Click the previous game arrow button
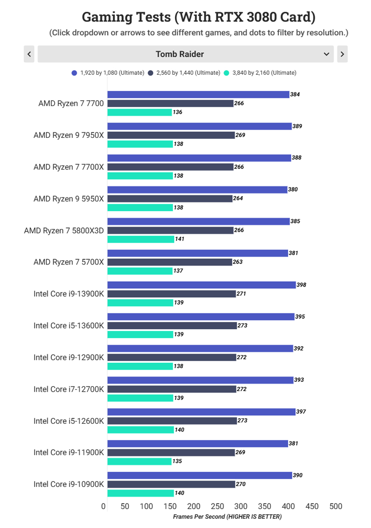coord(29,54)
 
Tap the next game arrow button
coord(342,54)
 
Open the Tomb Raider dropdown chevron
coord(327,54)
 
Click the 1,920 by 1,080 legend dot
coord(74,73)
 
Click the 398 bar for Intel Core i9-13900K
coord(201,285)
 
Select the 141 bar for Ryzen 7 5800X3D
coord(141,239)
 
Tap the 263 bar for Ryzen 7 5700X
coord(169,262)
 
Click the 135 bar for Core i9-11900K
coord(139,461)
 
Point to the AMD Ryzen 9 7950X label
coord(68,135)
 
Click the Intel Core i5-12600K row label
coord(68,421)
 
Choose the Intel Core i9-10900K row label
coord(68,484)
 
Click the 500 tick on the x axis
coord(335,506)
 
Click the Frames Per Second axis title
coord(227,517)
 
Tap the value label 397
coord(301,412)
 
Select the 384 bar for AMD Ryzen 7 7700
coord(198,94)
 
